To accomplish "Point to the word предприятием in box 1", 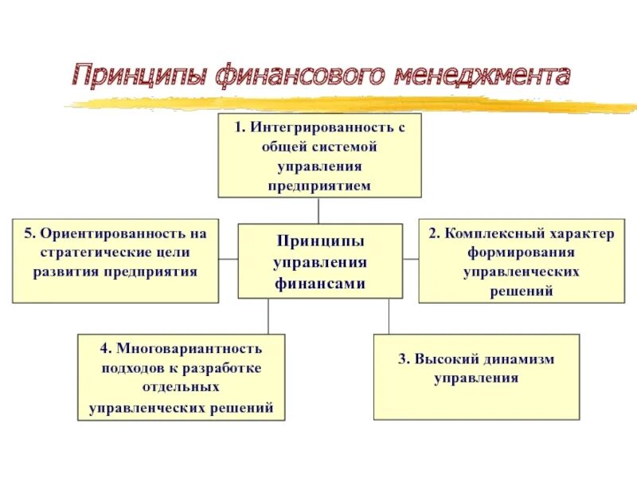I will point(319,186).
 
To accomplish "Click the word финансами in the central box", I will point(319,283).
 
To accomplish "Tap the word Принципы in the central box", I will point(319,241).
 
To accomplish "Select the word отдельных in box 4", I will point(182,388).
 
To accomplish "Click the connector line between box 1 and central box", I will point(318,210).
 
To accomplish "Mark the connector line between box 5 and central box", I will point(229,259).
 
